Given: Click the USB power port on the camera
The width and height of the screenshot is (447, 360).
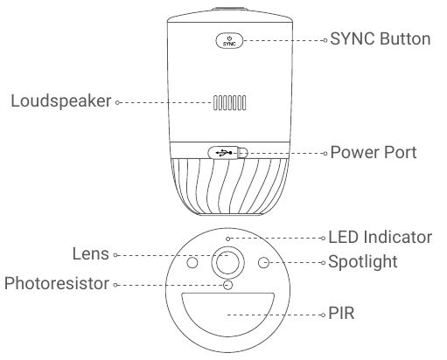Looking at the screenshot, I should click(227, 152).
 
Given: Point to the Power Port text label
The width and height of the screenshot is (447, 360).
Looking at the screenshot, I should click(374, 152).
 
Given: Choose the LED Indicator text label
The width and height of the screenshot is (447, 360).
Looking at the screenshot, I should click(380, 237).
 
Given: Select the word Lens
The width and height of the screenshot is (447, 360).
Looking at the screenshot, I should click(91, 254).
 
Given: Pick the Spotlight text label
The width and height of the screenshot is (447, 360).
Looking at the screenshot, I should click(374, 261).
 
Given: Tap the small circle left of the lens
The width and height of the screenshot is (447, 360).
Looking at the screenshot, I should click(193, 262).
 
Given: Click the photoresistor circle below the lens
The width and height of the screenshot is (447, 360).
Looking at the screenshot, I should click(228, 284).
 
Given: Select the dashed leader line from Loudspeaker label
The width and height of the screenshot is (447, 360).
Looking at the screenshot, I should click(162, 101).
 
